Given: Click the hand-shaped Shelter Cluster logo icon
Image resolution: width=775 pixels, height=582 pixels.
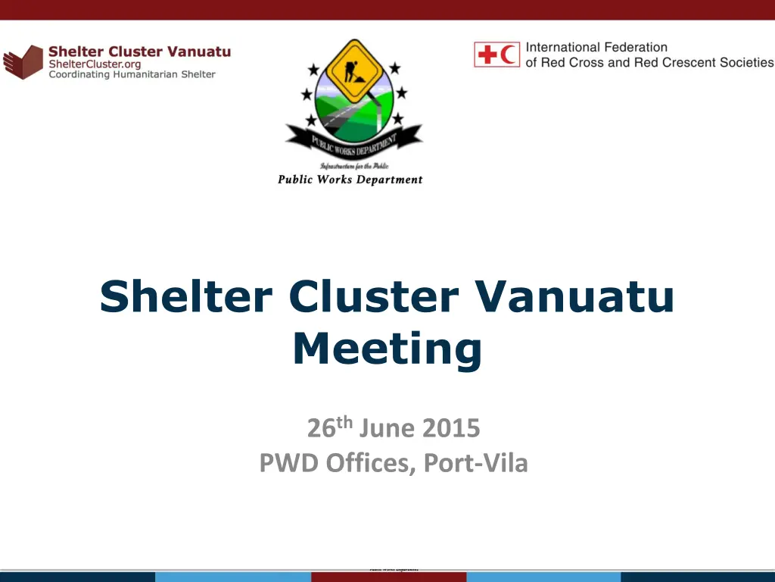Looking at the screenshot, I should click(23, 62).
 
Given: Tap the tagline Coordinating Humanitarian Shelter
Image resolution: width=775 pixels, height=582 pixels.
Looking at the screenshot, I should click(132, 74).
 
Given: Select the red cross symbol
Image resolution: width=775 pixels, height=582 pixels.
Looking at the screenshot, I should click(487, 55).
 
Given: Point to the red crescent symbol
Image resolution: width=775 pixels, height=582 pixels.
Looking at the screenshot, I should click(509, 55).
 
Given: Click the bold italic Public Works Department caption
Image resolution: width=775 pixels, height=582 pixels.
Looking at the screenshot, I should click(350, 180).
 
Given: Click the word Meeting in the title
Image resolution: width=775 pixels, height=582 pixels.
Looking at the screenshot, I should click(387, 349).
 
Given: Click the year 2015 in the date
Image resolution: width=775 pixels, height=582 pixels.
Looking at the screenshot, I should click(451, 429).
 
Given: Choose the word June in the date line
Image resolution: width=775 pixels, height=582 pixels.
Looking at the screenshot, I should click(387, 429).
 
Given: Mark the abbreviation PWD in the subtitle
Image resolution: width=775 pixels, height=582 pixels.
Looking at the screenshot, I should click(290, 462).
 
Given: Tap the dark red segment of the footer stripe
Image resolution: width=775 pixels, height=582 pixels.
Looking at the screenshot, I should click(387, 577).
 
